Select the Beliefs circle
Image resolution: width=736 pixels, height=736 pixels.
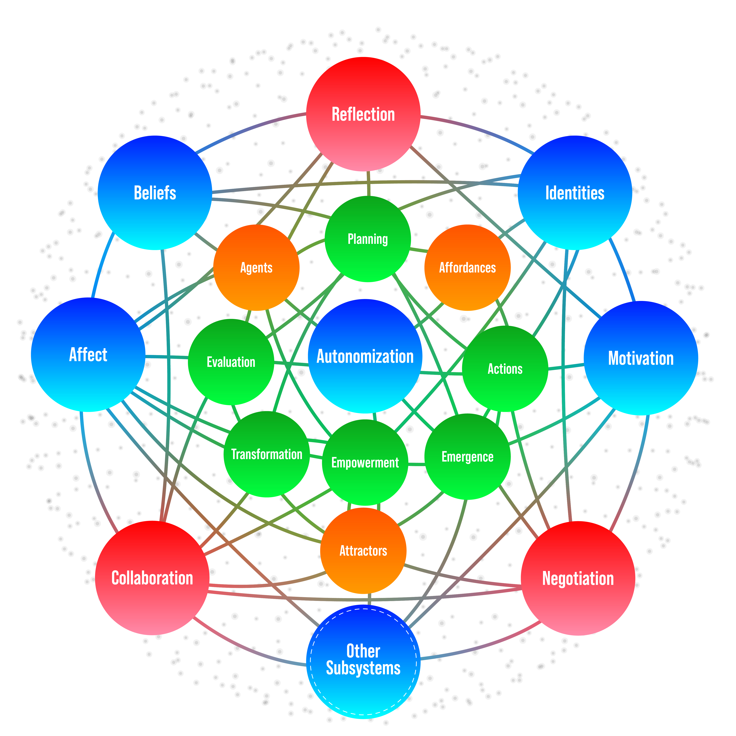[155, 193]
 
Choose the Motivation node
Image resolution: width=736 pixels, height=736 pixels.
[641, 358]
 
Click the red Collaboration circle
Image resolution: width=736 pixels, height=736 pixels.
[152, 578]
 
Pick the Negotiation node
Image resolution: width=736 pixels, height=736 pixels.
[578, 578]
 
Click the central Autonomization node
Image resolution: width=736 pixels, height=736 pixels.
[365, 356]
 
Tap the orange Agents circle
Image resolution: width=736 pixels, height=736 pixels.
[256, 267]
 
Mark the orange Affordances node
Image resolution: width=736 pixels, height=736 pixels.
[467, 267]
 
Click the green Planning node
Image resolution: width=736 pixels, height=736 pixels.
[368, 239]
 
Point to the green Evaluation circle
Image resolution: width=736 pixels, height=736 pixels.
[231, 362]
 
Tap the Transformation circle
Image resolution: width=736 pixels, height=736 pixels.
[267, 454]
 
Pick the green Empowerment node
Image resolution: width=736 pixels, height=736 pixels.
[365, 463]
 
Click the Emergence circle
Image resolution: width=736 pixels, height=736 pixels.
[467, 456]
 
